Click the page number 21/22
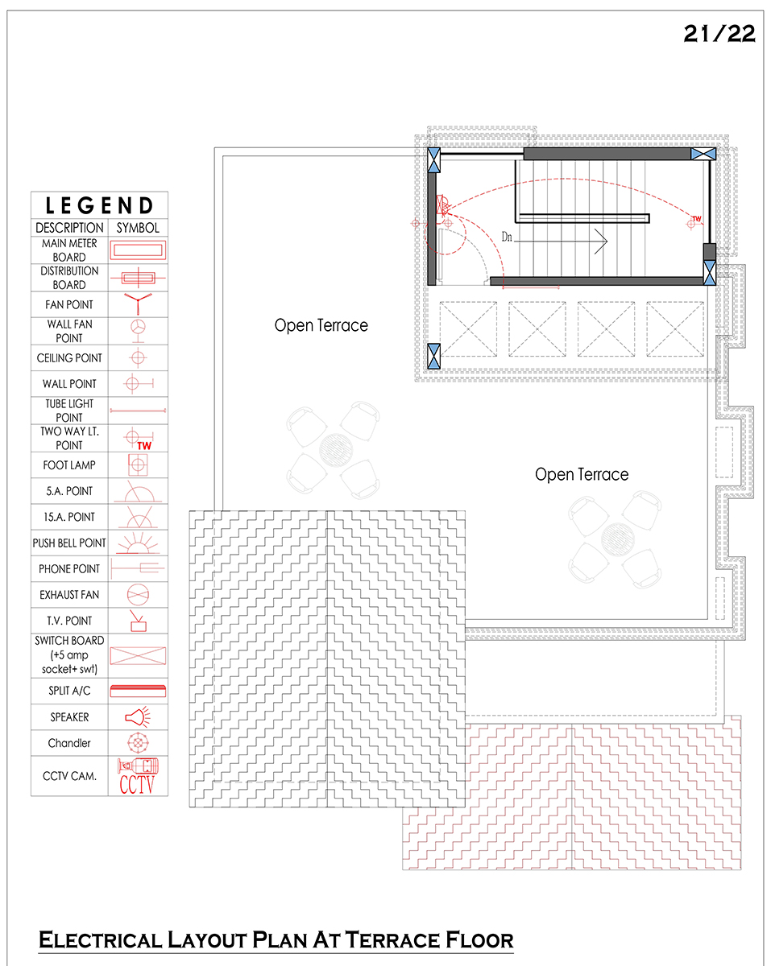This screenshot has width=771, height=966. (719, 34)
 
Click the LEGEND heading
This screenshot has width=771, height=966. (99, 205)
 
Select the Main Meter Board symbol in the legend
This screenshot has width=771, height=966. (138, 250)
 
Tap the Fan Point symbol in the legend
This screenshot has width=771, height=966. (138, 303)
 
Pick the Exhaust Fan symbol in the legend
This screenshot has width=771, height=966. (138, 595)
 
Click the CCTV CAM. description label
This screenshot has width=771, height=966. (69, 776)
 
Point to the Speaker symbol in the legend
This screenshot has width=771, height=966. (138, 717)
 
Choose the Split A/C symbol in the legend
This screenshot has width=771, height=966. (138, 691)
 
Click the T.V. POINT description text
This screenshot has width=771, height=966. (69, 621)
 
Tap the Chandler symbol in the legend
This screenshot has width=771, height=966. (138, 743)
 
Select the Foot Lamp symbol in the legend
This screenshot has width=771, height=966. (138, 464)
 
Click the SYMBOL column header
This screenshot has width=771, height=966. (138, 228)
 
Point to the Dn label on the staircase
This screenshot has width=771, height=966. (507, 237)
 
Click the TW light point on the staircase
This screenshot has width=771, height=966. (694, 222)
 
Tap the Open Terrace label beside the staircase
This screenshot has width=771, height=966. (321, 325)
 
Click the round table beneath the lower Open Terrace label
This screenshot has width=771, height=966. (618, 539)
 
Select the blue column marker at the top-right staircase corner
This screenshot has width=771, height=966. (703, 154)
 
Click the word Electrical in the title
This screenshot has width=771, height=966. (101, 940)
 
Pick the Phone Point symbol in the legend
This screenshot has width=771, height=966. (138, 568)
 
